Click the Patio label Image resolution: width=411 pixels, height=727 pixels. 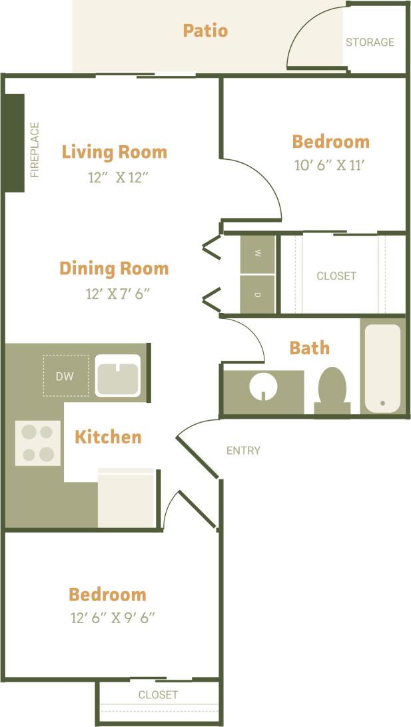tap(205, 31)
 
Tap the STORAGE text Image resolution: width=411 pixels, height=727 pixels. tap(370, 42)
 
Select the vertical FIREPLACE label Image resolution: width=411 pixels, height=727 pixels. tap(35, 150)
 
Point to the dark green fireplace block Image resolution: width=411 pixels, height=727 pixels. tap(14, 142)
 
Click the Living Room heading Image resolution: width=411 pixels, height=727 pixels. tap(115, 152)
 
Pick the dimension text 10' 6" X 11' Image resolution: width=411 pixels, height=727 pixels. tap(330, 165)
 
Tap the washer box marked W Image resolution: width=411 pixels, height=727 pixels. tap(257, 254)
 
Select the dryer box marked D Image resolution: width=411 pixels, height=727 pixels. tap(257, 294)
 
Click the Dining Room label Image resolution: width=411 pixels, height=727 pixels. tap(114, 268)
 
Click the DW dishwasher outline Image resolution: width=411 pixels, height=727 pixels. tap(65, 376)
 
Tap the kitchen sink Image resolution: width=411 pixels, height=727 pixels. tap(117, 376)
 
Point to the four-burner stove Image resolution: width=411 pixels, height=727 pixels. tap(38, 443)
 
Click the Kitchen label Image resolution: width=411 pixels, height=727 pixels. tap(108, 437)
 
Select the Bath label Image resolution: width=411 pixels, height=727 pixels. tap(309, 348)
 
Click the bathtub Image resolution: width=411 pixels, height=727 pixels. tap(382, 367)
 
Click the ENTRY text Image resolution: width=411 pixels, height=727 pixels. tap(243, 451)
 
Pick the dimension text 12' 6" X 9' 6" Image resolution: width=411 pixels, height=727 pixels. tap(113, 617)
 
